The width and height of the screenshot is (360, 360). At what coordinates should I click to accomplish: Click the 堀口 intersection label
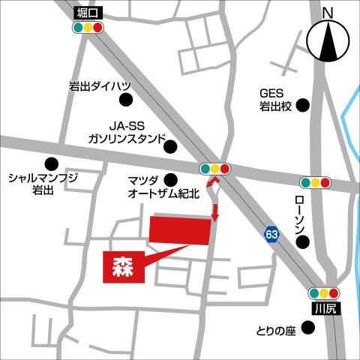click(x=87, y=13)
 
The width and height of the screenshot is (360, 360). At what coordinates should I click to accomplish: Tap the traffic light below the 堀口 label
click(x=88, y=28)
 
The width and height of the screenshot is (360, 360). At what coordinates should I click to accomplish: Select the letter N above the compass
click(x=327, y=12)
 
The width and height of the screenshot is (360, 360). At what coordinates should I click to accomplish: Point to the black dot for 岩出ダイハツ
click(x=126, y=99)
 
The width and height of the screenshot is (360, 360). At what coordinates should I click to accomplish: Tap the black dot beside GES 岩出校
click(x=303, y=106)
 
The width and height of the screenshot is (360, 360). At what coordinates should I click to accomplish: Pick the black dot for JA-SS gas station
click(x=172, y=146)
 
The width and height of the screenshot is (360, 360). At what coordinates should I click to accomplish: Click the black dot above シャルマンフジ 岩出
click(x=52, y=163)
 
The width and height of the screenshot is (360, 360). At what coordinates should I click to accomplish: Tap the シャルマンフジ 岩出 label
click(x=42, y=184)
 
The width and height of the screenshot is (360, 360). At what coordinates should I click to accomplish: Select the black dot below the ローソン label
click(x=302, y=241)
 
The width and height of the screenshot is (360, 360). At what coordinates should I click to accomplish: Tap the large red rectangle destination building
click(x=180, y=229)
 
